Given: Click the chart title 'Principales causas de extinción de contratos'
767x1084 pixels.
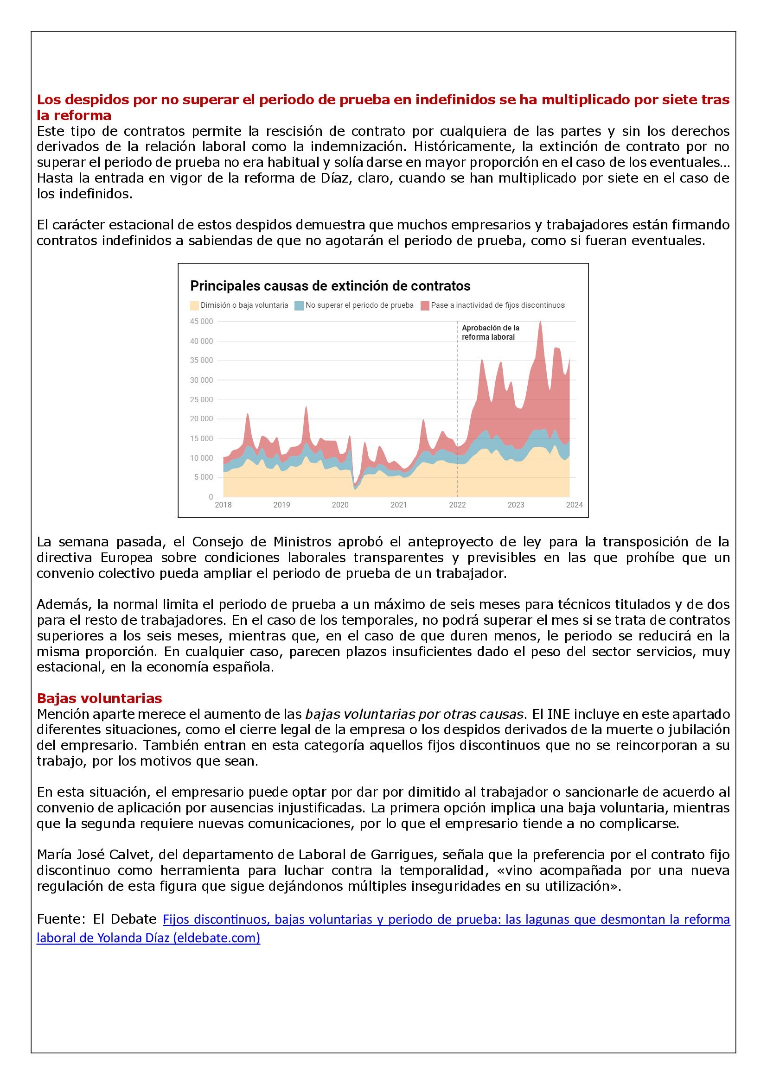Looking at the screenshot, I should click(x=330, y=286).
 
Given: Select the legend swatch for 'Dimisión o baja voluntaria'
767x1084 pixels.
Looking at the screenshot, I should click(x=195, y=305).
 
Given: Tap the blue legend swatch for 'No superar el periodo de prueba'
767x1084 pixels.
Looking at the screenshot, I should click(x=299, y=305).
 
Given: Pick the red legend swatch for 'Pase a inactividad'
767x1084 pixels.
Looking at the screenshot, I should click(x=425, y=305).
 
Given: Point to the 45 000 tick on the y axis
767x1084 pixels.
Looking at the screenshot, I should click(x=201, y=322).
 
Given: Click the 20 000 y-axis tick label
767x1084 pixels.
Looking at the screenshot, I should click(x=201, y=419).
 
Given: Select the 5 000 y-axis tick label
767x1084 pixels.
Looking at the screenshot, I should click(x=203, y=477).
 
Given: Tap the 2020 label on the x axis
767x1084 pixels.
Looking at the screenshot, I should click(x=340, y=505).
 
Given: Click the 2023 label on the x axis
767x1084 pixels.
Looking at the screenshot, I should click(x=516, y=505).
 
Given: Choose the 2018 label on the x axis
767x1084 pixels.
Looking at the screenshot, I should click(x=224, y=505).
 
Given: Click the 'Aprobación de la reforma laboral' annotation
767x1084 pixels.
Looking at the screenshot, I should click(x=490, y=332).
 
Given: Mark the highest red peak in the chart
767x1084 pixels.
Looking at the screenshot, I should click(x=540, y=323).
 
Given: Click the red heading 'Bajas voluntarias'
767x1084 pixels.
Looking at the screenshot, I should click(x=99, y=698).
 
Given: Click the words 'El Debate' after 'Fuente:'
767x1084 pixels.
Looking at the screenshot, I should click(x=125, y=919).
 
